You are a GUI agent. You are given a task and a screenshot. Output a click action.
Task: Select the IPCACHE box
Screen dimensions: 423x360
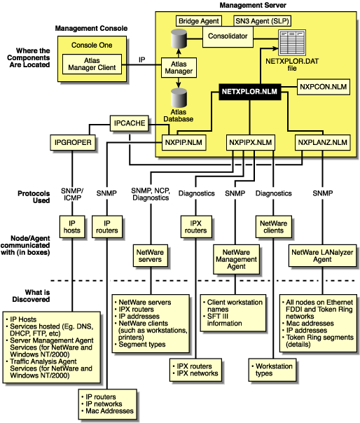point(130,123)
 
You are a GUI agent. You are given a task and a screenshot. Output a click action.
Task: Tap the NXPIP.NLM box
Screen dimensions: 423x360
point(180,142)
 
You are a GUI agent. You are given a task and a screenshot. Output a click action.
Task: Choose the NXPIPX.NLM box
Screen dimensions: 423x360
point(250,142)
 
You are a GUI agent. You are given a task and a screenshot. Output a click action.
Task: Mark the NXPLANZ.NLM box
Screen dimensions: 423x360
point(322,142)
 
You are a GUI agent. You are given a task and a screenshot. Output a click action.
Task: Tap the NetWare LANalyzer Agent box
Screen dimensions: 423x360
point(321,258)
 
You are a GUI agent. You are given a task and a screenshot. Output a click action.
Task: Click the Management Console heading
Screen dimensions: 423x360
point(91,29)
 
